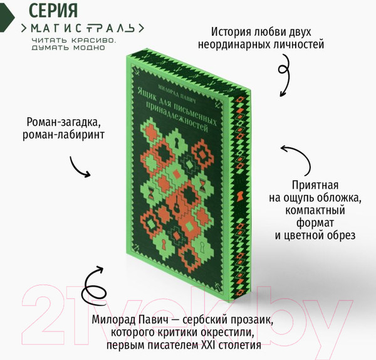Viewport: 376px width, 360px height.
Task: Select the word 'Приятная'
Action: point(315,185)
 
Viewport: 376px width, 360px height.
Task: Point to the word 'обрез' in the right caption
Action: point(343,235)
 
